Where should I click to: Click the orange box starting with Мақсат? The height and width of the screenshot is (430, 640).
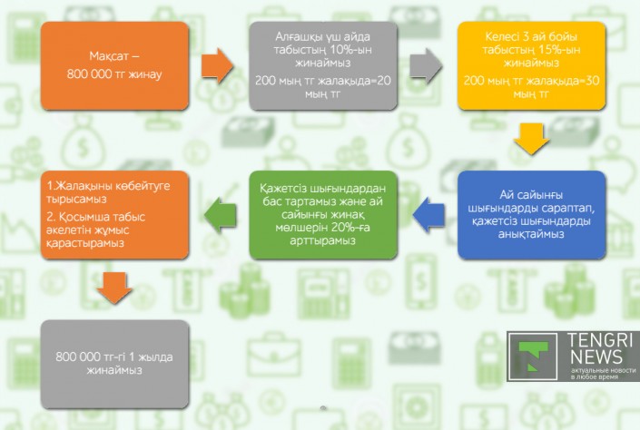114,65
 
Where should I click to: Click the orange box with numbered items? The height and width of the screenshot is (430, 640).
114,214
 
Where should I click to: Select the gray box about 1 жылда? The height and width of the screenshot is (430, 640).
114,362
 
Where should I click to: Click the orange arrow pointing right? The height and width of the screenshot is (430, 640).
218,65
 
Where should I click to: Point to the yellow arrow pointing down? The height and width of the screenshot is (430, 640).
531,141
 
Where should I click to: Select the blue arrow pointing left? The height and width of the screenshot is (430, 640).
427,214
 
